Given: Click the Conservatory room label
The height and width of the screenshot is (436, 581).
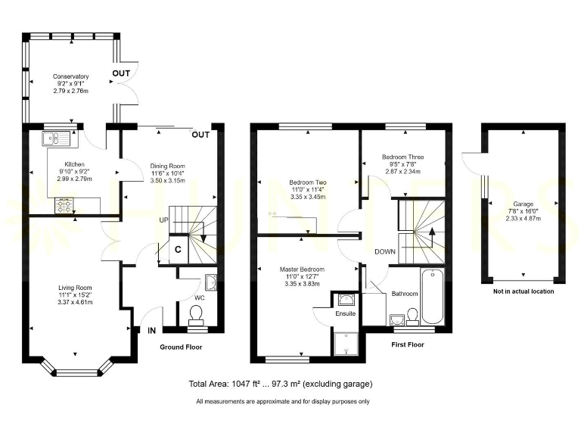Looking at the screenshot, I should point(71,76).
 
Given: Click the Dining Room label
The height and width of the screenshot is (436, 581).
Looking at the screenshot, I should point(168,166).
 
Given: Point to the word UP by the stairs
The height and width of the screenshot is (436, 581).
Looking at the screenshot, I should point(163,220).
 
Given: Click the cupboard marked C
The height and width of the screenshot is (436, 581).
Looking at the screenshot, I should point(179,248).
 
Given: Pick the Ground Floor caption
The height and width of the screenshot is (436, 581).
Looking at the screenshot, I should point(182,347).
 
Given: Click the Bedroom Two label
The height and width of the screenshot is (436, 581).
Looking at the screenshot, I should point(307,182).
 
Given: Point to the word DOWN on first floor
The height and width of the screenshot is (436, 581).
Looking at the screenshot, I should point(385,252).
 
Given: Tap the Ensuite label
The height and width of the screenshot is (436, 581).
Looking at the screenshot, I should point(346,313).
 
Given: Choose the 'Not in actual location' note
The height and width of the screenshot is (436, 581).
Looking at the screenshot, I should point(523,291).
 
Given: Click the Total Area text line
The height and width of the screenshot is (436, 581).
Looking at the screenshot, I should point(280,384).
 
